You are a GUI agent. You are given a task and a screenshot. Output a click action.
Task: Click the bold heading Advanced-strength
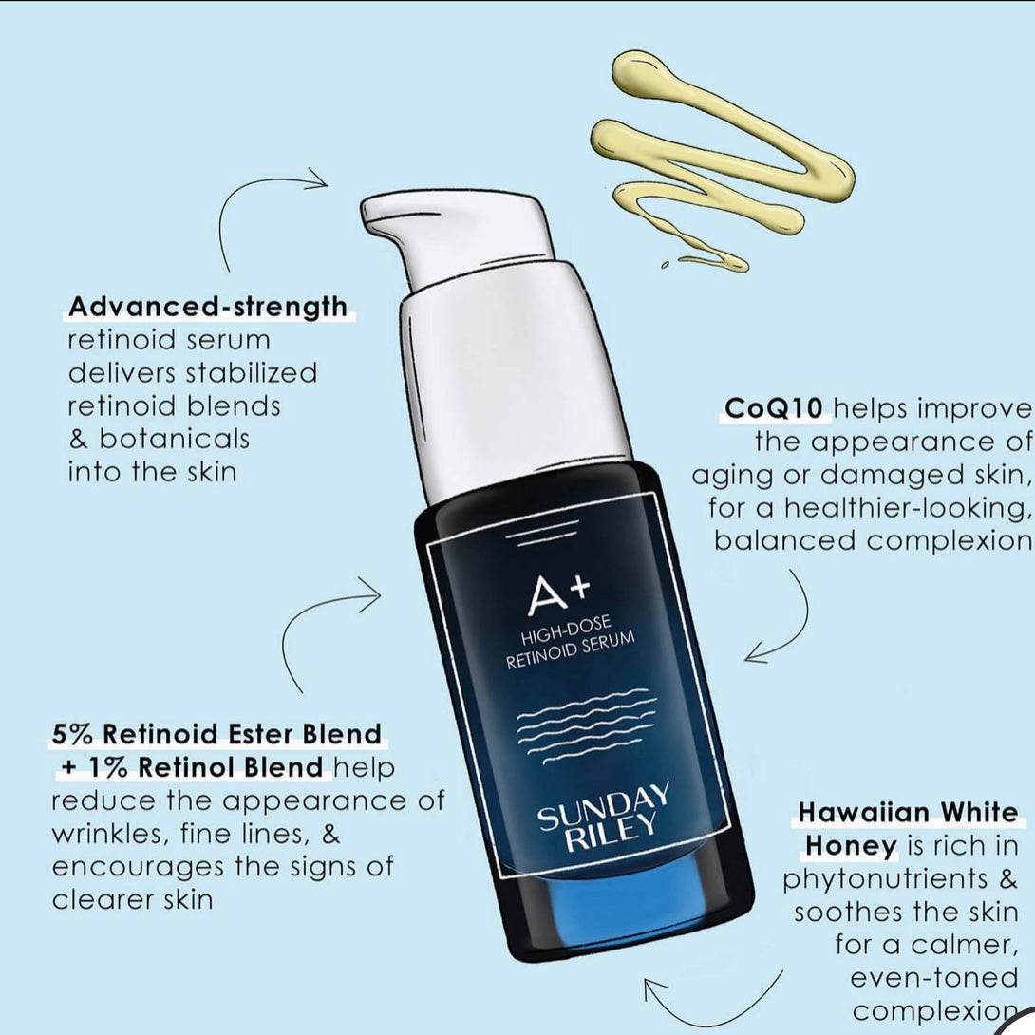[x=208, y=307]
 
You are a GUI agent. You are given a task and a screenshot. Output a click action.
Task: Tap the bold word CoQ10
[x=774, y=408]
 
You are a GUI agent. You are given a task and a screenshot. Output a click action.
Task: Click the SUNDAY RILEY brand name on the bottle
[x=604, y=818]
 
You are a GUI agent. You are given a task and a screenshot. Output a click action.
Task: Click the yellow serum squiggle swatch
[x=723, y=159]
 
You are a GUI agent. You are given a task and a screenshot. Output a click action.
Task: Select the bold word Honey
[x=851, y=845]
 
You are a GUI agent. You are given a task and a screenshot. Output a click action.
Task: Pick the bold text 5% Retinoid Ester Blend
[x=216, y=734]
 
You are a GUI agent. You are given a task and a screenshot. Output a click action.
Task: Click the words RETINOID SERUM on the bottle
[x=571, y=650]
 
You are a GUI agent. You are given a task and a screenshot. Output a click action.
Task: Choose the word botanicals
[x=175, y=439]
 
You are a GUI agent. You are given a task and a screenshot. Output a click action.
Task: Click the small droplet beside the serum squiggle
[x=666, y=265]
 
